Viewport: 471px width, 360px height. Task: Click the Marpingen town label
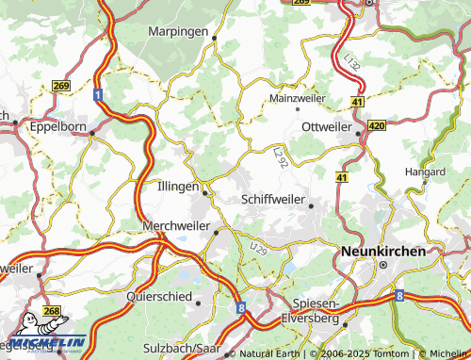tap(177, 31)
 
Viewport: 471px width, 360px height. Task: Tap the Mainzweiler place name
tap(297, 98)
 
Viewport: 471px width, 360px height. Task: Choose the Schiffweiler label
tap(273, 199)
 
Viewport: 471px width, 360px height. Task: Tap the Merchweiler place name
tap(176, 226)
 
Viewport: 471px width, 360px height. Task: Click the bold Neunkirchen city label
tap(382, 252)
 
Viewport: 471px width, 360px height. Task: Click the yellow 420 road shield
tap(377, 124)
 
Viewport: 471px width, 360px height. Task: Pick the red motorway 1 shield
tap(97, 95)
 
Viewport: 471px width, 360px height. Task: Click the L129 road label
tap(259, 247)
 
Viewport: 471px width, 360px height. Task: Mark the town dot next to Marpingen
tap(215, 39)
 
